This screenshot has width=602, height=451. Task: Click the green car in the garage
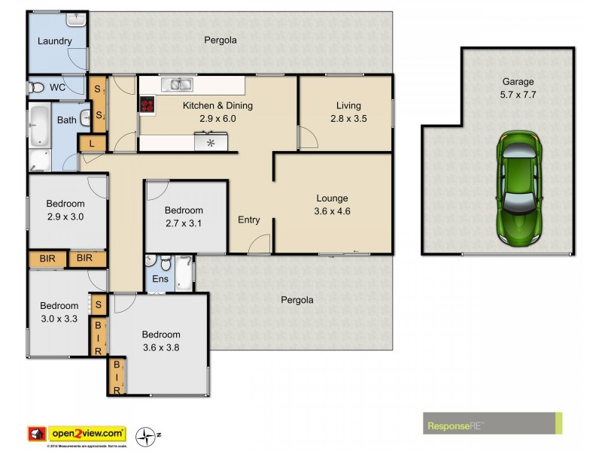tap(518, 187)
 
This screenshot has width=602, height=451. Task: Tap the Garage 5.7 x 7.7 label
tap(518, 88)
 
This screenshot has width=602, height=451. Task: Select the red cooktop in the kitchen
tap(146, 105)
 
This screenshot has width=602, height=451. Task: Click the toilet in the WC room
tap(35, 88)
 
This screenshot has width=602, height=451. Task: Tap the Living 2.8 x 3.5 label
tap(348, 111)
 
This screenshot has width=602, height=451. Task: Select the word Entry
tap(248, 220)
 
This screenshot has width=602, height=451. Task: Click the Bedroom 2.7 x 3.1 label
tap(184, 216)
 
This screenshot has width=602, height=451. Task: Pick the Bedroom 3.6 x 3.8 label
tap(160, 341)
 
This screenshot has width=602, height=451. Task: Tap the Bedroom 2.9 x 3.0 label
tap(65, 210)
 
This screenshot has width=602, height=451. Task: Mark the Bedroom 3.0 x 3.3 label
tap(59, 312)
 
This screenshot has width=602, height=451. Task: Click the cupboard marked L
tap(92, 144)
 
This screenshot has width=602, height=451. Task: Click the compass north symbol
tap(145, 435)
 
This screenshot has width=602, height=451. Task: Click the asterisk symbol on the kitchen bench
tap(210, 142)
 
